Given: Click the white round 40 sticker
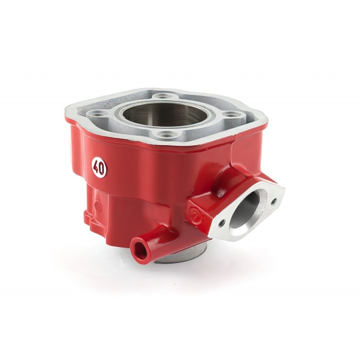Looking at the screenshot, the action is pyautogui.click(x=99, y=169).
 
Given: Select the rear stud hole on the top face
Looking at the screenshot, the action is pyautogui.click(x=160, y=96).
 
